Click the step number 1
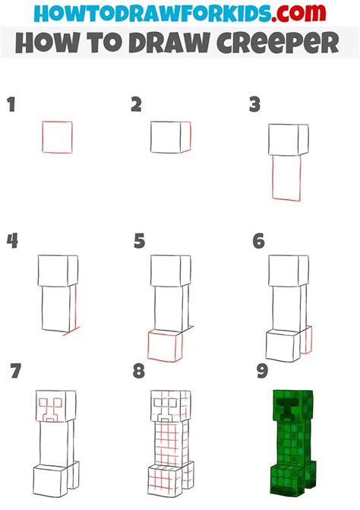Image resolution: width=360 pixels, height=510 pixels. click(11, 104)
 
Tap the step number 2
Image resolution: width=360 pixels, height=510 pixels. click(136, 104)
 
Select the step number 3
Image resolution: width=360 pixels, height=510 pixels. click(254, 105)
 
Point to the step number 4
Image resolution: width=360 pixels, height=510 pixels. click(12, 241)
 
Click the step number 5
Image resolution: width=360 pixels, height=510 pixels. click(139, 241)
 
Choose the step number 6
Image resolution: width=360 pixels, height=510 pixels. click(259, 241)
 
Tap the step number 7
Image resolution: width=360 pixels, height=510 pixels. click(16, 371)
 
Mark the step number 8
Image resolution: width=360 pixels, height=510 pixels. click(139, 371)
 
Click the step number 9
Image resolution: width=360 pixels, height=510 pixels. click(262, 371)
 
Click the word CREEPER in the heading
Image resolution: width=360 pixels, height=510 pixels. click(277, 43)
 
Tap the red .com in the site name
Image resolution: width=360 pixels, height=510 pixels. click(298, 13)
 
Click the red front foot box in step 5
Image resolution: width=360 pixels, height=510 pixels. click(149, 345)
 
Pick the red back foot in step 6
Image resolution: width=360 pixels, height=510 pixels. click(311, 340)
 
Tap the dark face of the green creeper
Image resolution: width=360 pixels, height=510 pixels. click(286, 407)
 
